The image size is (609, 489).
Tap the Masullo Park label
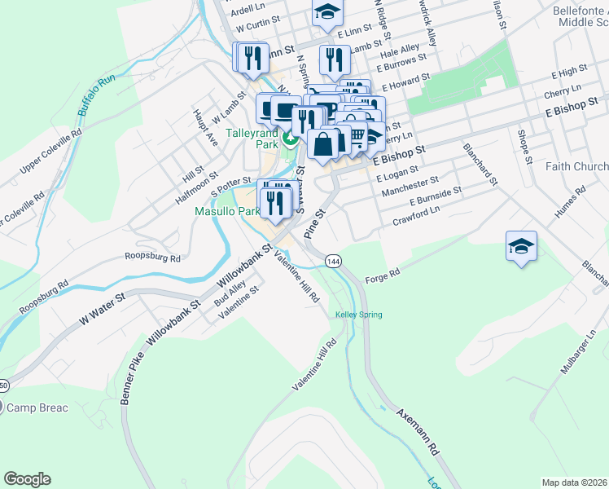point(226,211)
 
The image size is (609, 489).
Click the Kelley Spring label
point(358,315)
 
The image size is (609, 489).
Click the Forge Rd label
point(383,275)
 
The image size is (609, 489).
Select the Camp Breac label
point(37,407)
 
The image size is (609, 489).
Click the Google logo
point(27,479)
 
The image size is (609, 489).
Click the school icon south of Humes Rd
point(521,246)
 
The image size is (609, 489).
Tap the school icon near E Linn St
point(327,12)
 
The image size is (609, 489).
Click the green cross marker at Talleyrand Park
point(290,133)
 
